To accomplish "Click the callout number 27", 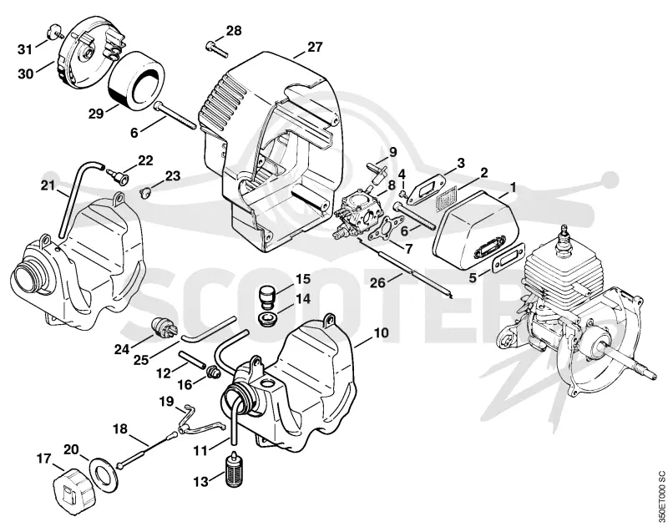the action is tap(315, 47).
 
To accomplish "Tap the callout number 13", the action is tap(201, 482).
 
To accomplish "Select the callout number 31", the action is tap(25, 49).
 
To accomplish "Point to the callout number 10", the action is tap(381, 332).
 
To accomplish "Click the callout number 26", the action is tap(378, 282).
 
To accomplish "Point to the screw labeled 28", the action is tap(217, 48).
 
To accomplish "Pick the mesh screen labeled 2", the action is tap(447, 200).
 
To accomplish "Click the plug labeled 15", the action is tap(267, 297).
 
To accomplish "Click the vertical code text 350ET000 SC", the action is tap(661, 497).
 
